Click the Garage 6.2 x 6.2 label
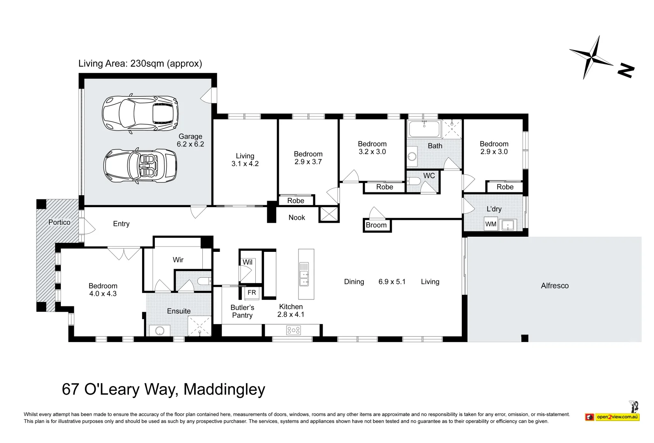(x=190, y=140)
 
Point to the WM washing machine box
(x=491, y=224)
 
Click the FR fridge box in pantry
(x=252, y=292)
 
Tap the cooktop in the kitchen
(x=293, y=330)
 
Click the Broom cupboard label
(x=376, y=225)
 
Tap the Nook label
(x=296, y=217)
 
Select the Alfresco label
(x=554, y=286)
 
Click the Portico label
(x=59, y=222)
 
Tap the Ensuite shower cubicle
(x=200, y=327)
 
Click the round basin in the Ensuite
(x=160, y=331)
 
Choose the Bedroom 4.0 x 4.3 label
(x=103, y=290)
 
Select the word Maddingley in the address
(x=224, y=389)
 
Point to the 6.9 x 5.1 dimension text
(x=392, y=282)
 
